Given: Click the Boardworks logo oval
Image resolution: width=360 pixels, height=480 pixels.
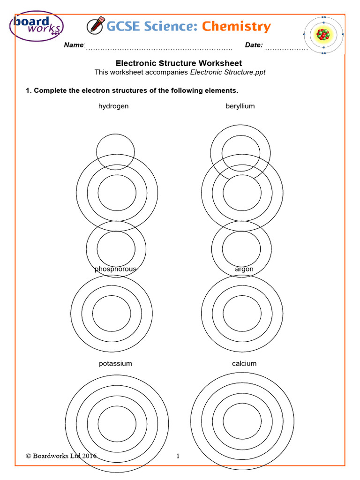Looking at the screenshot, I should coord(37,26).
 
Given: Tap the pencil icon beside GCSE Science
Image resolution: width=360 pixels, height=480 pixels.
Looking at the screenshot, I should coord(95,26).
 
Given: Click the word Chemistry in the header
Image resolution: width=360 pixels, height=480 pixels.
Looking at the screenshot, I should coord(236,27).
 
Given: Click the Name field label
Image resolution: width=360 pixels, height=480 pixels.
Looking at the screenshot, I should coord(74,45).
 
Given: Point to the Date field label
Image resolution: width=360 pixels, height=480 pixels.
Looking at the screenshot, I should coord(254,45).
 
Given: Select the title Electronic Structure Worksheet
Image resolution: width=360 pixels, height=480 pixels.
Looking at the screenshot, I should coord(179,63).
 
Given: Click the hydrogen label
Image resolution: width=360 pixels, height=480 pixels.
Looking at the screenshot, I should coord(113,106).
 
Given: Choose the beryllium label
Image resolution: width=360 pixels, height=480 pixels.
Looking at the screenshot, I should coord(240,106).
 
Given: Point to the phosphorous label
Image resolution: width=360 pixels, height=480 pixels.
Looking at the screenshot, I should coord(115,269).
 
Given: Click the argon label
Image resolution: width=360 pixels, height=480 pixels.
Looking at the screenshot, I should coord(244,269).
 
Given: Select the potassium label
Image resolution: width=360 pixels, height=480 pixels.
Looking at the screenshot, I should coord(115,363).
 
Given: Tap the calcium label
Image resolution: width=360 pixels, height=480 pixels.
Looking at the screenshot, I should coord(244,363).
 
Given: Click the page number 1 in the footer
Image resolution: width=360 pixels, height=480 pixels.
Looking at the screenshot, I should coord(178,456).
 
